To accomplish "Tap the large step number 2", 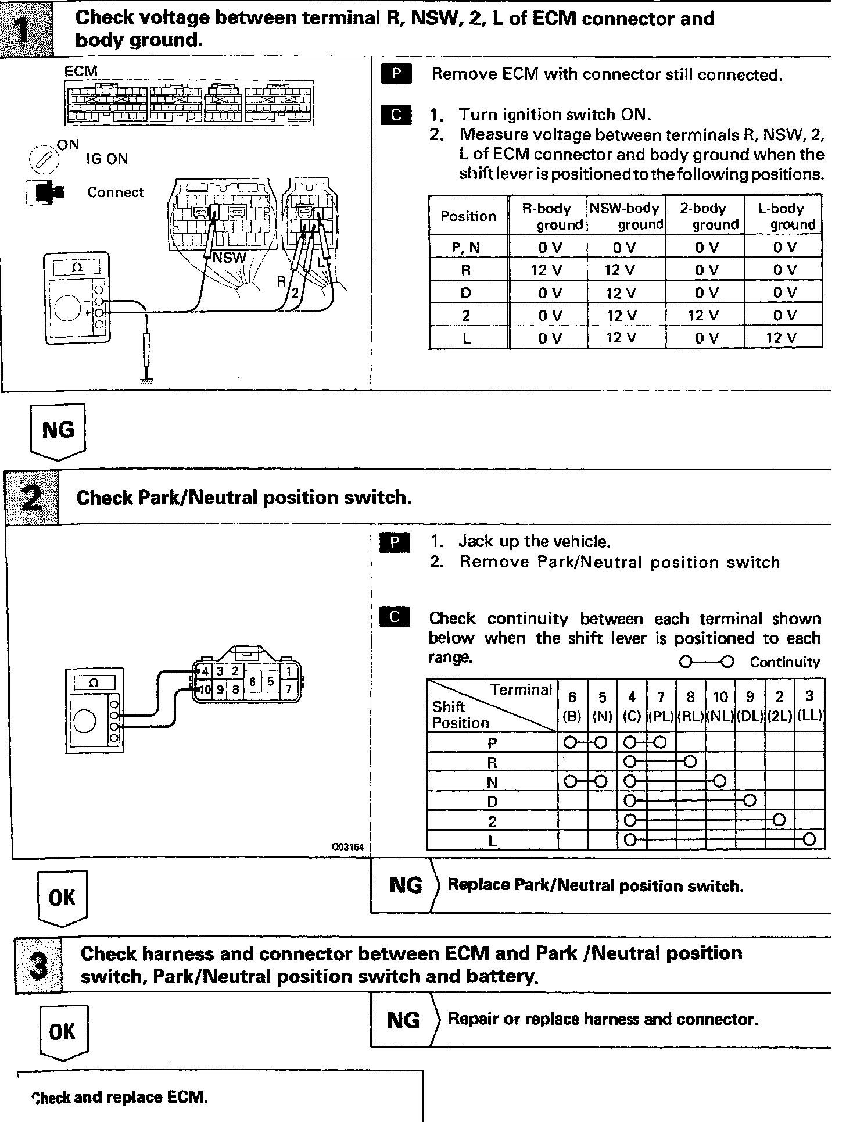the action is pos(32,498).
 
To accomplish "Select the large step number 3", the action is pos(38,966).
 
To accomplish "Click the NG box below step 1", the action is pos(58,431).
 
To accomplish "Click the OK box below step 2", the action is pos(62,898).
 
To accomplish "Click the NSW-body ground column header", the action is pos(626,216).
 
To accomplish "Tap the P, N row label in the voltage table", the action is pos(466,248).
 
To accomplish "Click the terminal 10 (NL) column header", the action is pos(720,706).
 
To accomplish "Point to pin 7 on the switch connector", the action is pos(288,690).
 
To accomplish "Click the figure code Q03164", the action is pos(348,847).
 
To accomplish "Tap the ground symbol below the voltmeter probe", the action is pos(147,381).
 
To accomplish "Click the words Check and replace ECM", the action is pos(120,1097).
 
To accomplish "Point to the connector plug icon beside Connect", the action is pos(45,192).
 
